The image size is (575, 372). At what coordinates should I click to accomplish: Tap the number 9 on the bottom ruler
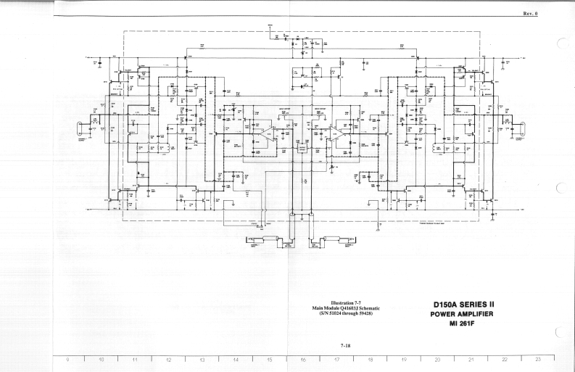[x=67, y=359]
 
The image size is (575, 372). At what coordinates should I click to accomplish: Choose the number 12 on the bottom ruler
[x=168, y=359]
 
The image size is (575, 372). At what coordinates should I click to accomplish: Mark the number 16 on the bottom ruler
[x=303, y=359]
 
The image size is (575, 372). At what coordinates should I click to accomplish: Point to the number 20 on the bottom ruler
[x=437, y=359]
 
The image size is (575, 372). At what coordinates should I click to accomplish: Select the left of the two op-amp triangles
[x=268, y=132]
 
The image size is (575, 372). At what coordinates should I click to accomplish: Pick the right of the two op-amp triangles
[x=335, y=132]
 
